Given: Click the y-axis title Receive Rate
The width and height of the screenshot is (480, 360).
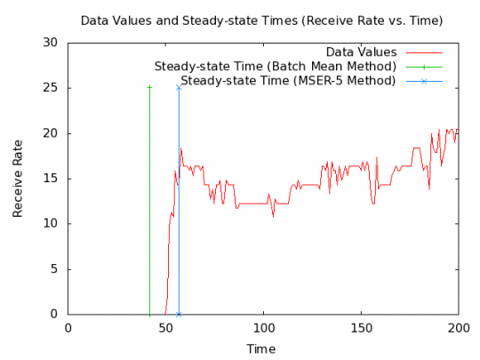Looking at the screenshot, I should (x=18, y=179).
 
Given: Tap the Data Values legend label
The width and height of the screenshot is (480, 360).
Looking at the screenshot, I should (x=359, y=52).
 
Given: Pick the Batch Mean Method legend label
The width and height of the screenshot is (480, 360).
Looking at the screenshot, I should (x=275, y=67).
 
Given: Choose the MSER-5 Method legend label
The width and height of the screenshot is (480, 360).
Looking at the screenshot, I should (x=288, y=81).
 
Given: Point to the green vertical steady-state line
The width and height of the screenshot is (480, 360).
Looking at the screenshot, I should (x=149, y=204).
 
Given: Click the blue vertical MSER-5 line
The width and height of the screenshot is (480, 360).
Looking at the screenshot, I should (x=179, y=204).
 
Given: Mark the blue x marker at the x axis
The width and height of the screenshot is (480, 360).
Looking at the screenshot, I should (x=179, y=314).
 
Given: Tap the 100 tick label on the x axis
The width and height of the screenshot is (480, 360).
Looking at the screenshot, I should (x=263, y=326).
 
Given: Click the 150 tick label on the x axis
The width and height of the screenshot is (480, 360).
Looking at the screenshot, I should (x=361, y=326).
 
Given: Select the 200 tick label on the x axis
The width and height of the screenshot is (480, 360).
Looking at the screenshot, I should (x=459, y=326).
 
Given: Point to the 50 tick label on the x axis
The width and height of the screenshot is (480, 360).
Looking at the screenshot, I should (x=165, y=326).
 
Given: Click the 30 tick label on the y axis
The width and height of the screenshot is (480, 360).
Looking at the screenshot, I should (x=52, y=43).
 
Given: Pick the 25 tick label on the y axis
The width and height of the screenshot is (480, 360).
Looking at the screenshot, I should (x=52, y=88).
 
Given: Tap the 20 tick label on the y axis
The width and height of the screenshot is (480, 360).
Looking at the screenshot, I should (x=52, y=133).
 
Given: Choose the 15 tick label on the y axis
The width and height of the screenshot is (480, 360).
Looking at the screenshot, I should (x=52, y=179).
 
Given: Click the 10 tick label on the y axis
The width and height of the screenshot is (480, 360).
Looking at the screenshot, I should (x=52, y=224).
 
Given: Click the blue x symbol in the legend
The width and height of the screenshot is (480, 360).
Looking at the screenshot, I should (x=424, y=81).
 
